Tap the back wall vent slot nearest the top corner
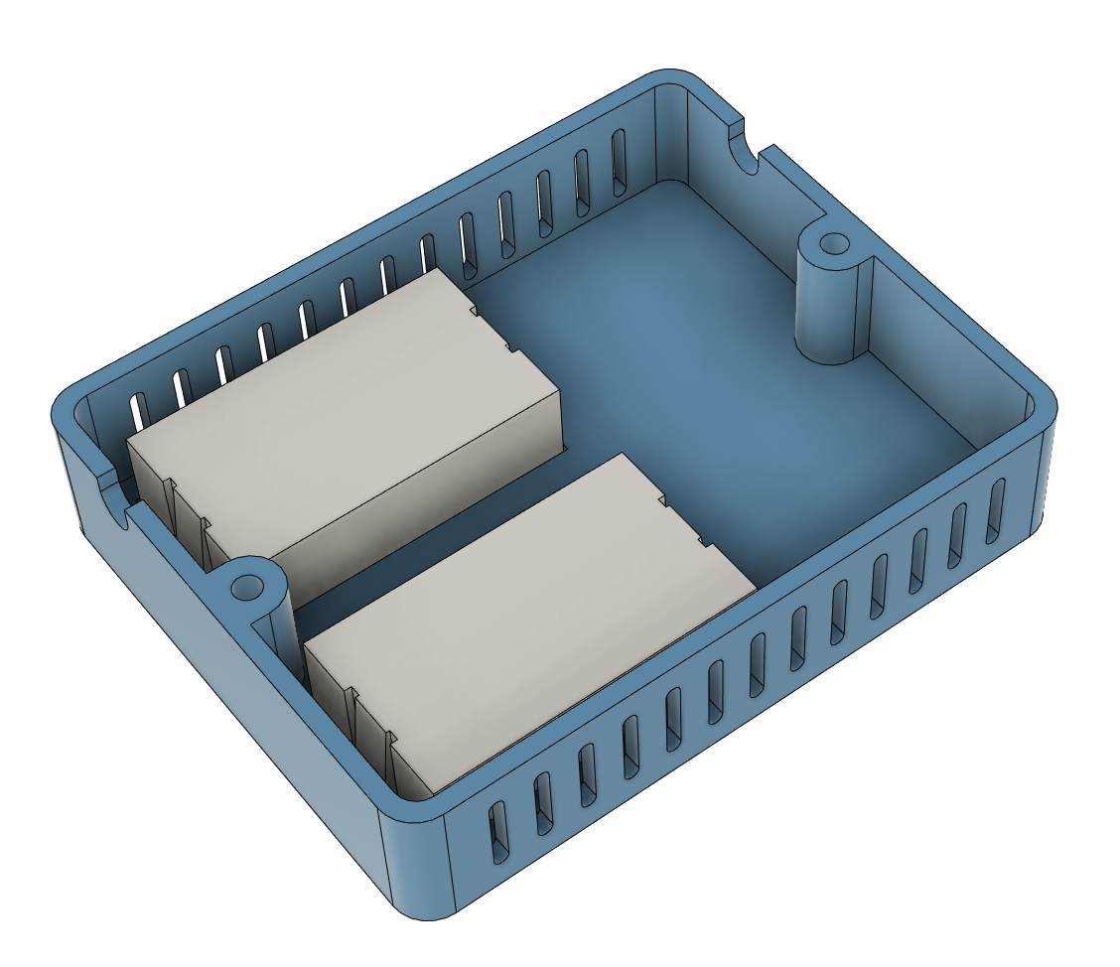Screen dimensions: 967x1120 [x=620, y=159]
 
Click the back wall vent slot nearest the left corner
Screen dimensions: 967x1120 [x=140, y=408]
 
